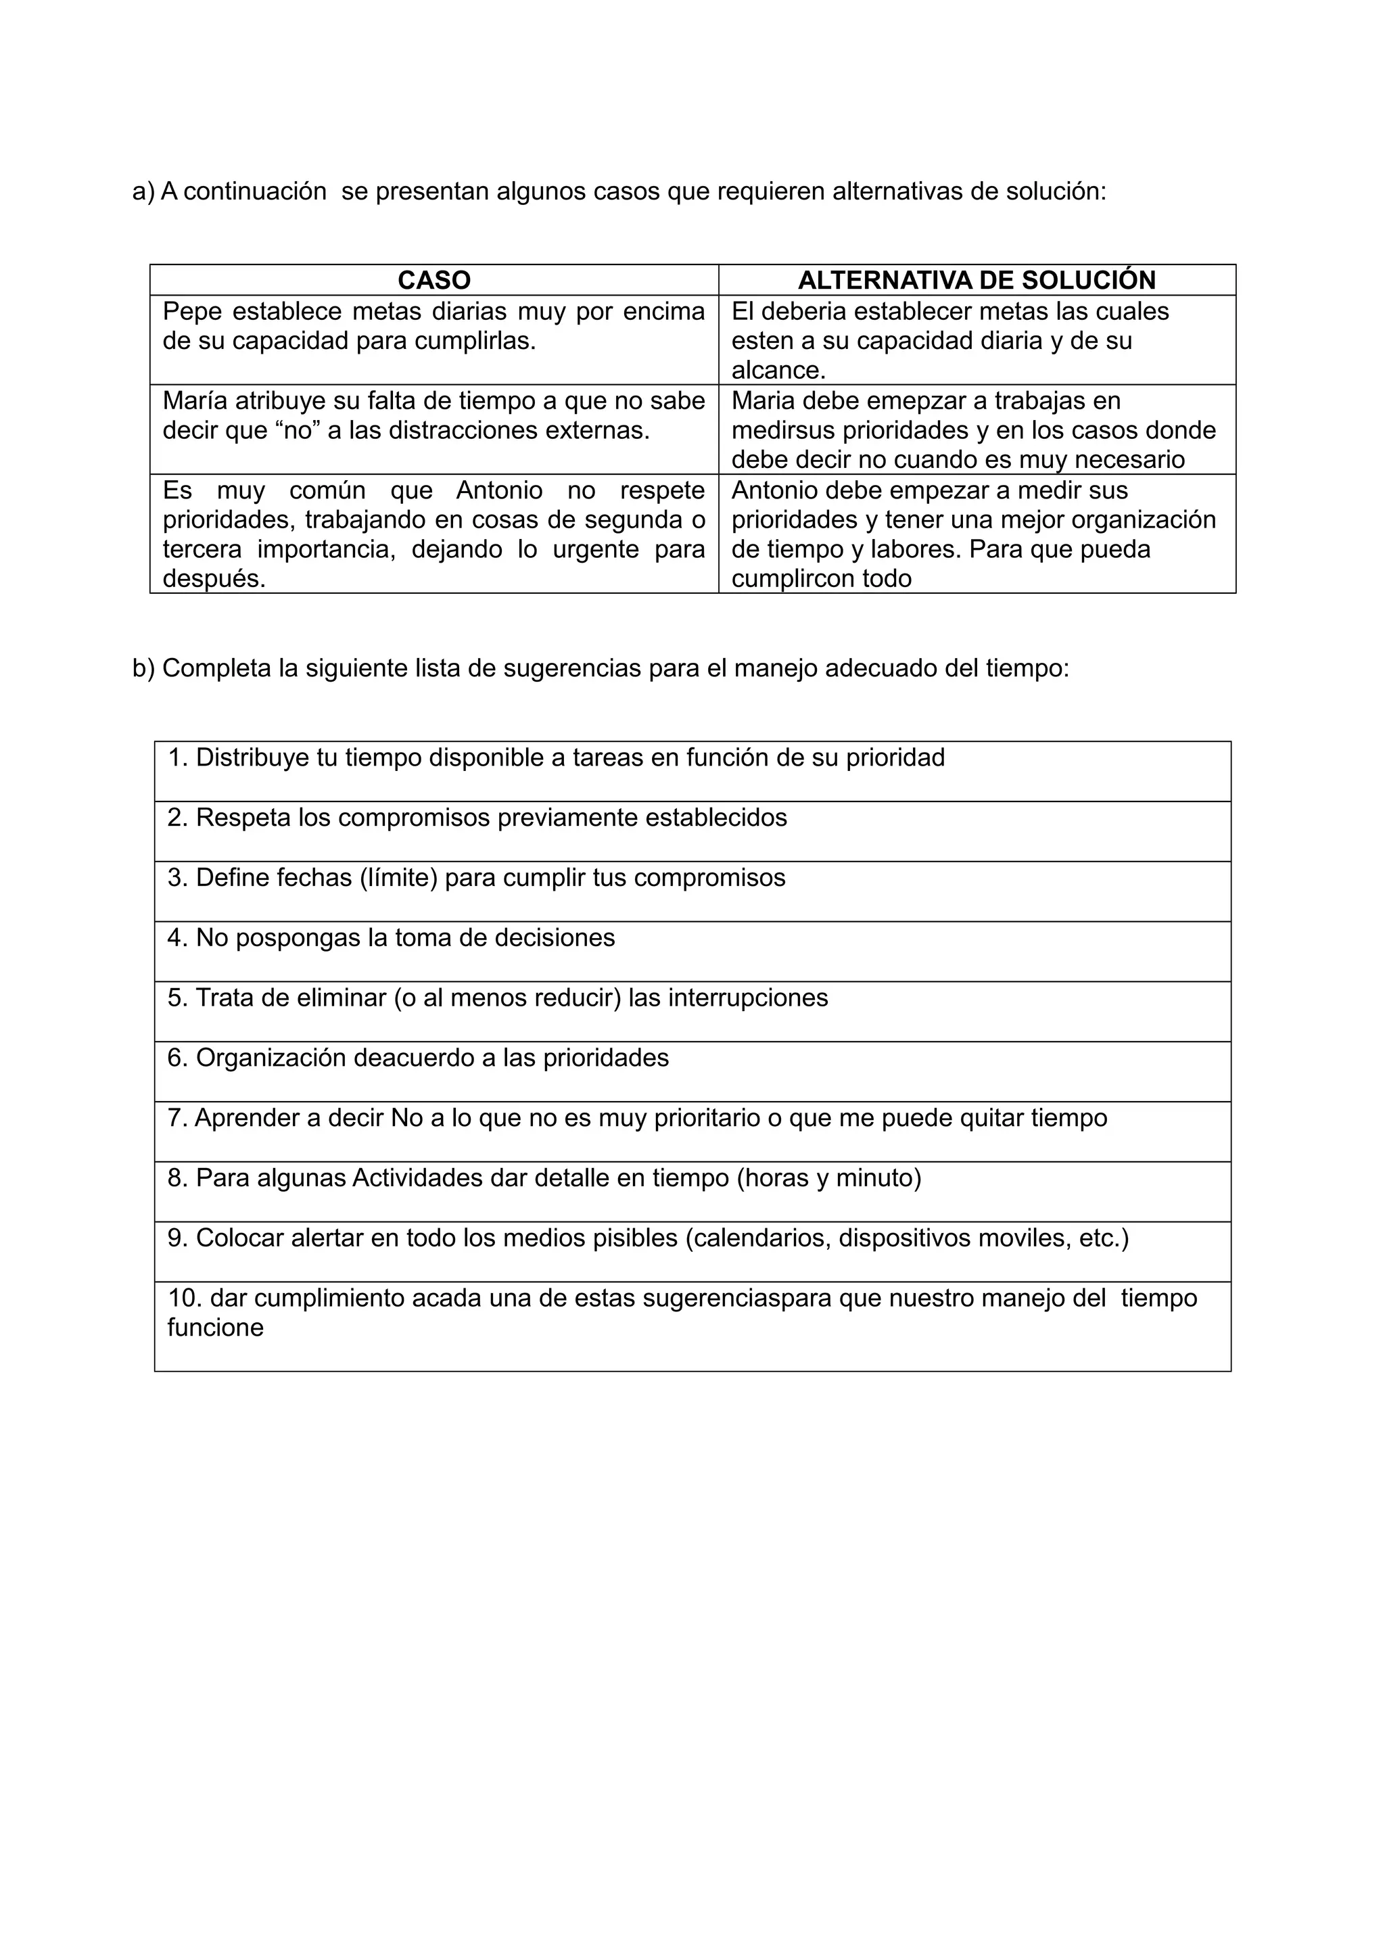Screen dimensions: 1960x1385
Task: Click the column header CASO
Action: pos(433,280)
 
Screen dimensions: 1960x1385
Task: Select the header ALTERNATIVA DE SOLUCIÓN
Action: pos(977,280)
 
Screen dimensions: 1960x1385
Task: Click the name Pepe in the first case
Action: pos(192,312)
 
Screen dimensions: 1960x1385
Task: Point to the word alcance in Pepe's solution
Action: pos(776,371)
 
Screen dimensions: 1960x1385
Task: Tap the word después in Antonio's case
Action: pos(213,579)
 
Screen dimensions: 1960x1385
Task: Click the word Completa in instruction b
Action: pos(217,668)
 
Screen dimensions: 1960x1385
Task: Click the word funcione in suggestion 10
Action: pos(215,1328)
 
